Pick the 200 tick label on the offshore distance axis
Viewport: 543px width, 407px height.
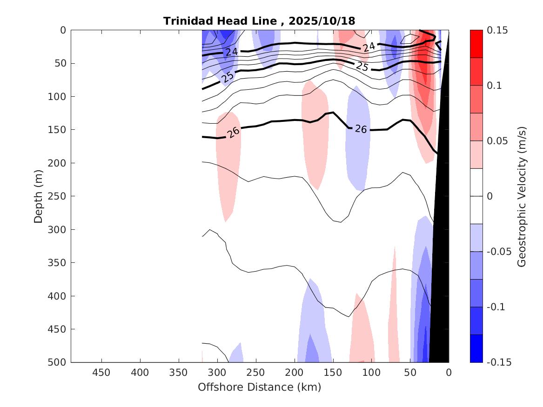pyautogui.click(x=295, y=373)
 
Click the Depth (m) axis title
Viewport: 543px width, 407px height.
pyautogui.click(x=38, y=196)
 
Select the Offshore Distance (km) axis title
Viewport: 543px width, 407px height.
pyautogui.click(x=259, y=387)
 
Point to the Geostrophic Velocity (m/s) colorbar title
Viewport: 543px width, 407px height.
pyautogui.click(x=522, y=196)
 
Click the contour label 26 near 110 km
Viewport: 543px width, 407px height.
pyautogui.click(x=361, y=129)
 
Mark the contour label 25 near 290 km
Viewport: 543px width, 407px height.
pyautogui.click(x=228, y=77)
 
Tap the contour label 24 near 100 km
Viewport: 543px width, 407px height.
pyautogui.click(x=369, y=47)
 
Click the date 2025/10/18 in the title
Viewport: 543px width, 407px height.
pyautogui.click(x=322, y=21)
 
